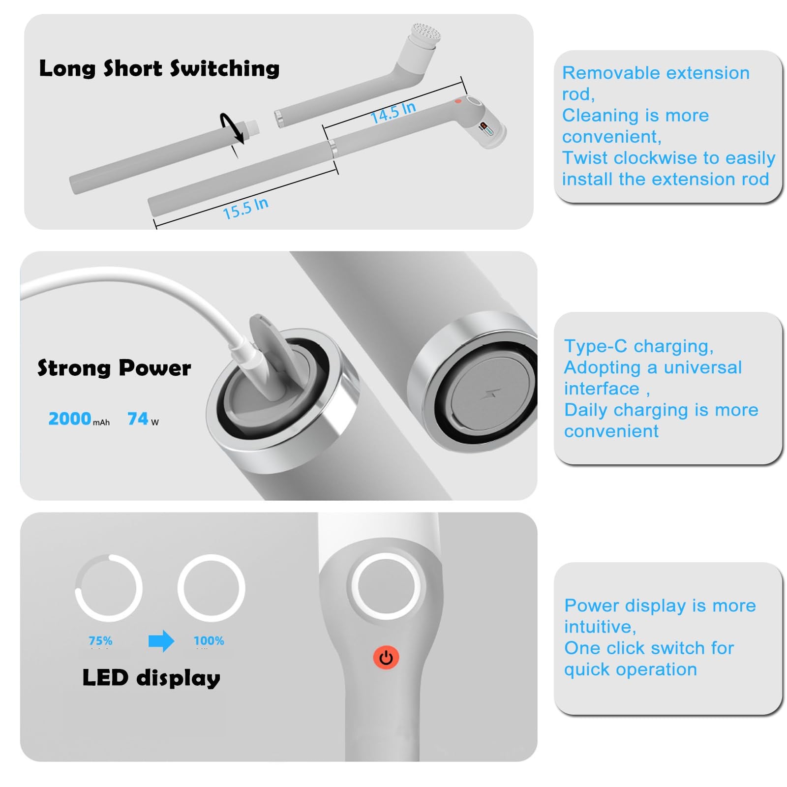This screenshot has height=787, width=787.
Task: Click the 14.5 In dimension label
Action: tap(393, 113)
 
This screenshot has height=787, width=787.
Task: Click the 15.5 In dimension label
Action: tap(245, 208)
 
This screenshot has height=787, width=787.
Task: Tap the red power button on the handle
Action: tap(386, 657)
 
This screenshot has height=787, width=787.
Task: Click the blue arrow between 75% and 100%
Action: tap(161, 641)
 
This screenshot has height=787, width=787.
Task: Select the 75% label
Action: tap(100, 640)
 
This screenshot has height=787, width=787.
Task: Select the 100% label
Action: tap(209, 640)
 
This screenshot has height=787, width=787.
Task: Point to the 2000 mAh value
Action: tap(79, 419)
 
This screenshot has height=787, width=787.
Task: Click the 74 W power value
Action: tap(143, 419)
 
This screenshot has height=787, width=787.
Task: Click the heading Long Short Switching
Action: tap(159, 68)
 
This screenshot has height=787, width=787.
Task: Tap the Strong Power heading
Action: tap(114, 368)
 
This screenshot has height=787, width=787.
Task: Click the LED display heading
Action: tap(151, 678)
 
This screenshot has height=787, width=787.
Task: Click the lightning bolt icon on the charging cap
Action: tap(490, 393)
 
